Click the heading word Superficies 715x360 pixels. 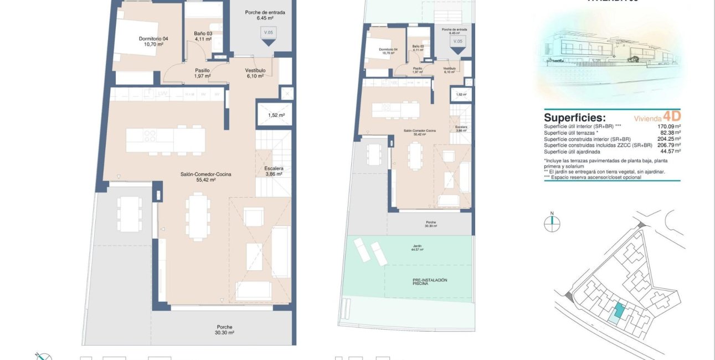coord(575,117)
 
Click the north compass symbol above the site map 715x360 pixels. coord(552,223)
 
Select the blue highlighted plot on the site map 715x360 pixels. coord(617,313)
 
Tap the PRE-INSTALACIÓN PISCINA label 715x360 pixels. coord(430,282)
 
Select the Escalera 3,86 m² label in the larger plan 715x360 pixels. coord(274,171)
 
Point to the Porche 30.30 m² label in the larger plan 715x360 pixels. coord(225,330)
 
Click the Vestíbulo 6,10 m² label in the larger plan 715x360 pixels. coord(255,73)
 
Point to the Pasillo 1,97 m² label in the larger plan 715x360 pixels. coord(202,73)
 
